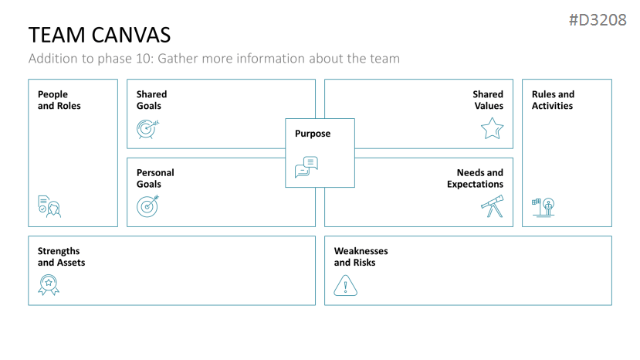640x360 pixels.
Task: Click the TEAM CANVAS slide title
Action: pyautogui.click(x=100, y=35)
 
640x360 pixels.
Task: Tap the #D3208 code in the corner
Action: pyautogui.click(x=597, y=20)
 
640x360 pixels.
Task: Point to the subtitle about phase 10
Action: pyautogui.click(x=214, y=59)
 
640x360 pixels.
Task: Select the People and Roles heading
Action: pyautogui.click(x=59, y=100)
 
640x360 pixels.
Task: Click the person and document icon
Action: pyautogui.click(x=49, y=206)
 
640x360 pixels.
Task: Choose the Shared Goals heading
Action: pyautogui.click(x=152, y=100)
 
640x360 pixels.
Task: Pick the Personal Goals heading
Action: pyautogui.click(x=155, y=178)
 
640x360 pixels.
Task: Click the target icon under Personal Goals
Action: pyautogui.click(x=147, y=205)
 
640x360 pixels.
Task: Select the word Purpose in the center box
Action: pyautogui.click(x=313, y=134)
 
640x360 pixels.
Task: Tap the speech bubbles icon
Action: pyautogui.click(x=306, y=166)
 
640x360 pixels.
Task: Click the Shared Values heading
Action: pyautogui.click(x=488, y=100)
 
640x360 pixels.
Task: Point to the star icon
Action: pyautogui.click(x=492, y=128)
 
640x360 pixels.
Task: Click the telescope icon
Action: pyautogui.click(x=492, y=205)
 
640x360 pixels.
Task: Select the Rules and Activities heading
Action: pyautogui.click(x=553, y=100)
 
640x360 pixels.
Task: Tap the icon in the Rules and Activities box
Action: pyautogui.click(x=543, y=206)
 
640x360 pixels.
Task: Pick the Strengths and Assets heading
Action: pyautogui.click(x=62, y=257)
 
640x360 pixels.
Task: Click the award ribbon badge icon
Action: pyautogui.click(x=49, y=285)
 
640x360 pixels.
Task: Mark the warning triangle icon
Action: pyautogui.click(x=346, y=286)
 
